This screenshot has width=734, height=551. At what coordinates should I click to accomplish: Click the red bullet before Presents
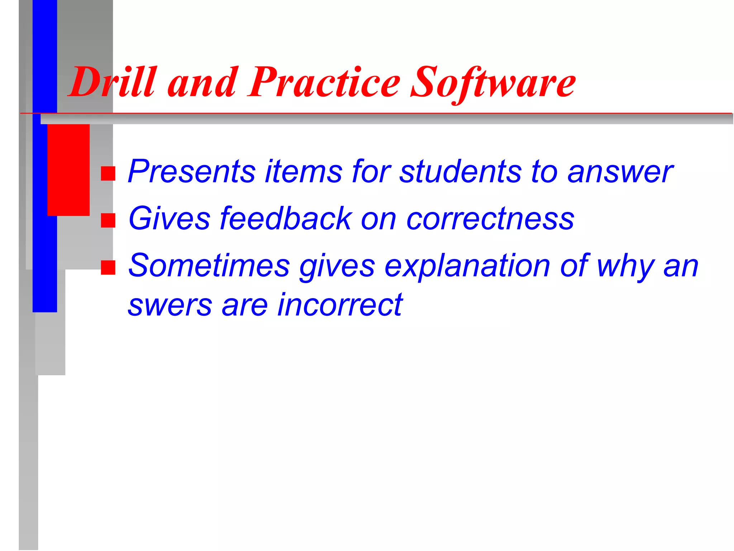click(x=108, y=173)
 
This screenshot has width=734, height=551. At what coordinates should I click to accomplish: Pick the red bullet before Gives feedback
click(x=108, y=220)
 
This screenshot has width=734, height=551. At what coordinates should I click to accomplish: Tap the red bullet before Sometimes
click(x=108, y=267)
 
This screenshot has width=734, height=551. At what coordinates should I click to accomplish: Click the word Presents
click(x=191, y=171)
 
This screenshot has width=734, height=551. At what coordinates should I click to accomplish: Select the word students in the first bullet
click(x=460, y=171)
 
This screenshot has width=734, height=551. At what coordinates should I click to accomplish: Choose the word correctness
click(x=490, y=219)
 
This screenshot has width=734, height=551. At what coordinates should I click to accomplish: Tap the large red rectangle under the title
click(x=68, y=170)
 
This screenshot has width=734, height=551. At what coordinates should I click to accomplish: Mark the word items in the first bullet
click(x=304, y=171)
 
